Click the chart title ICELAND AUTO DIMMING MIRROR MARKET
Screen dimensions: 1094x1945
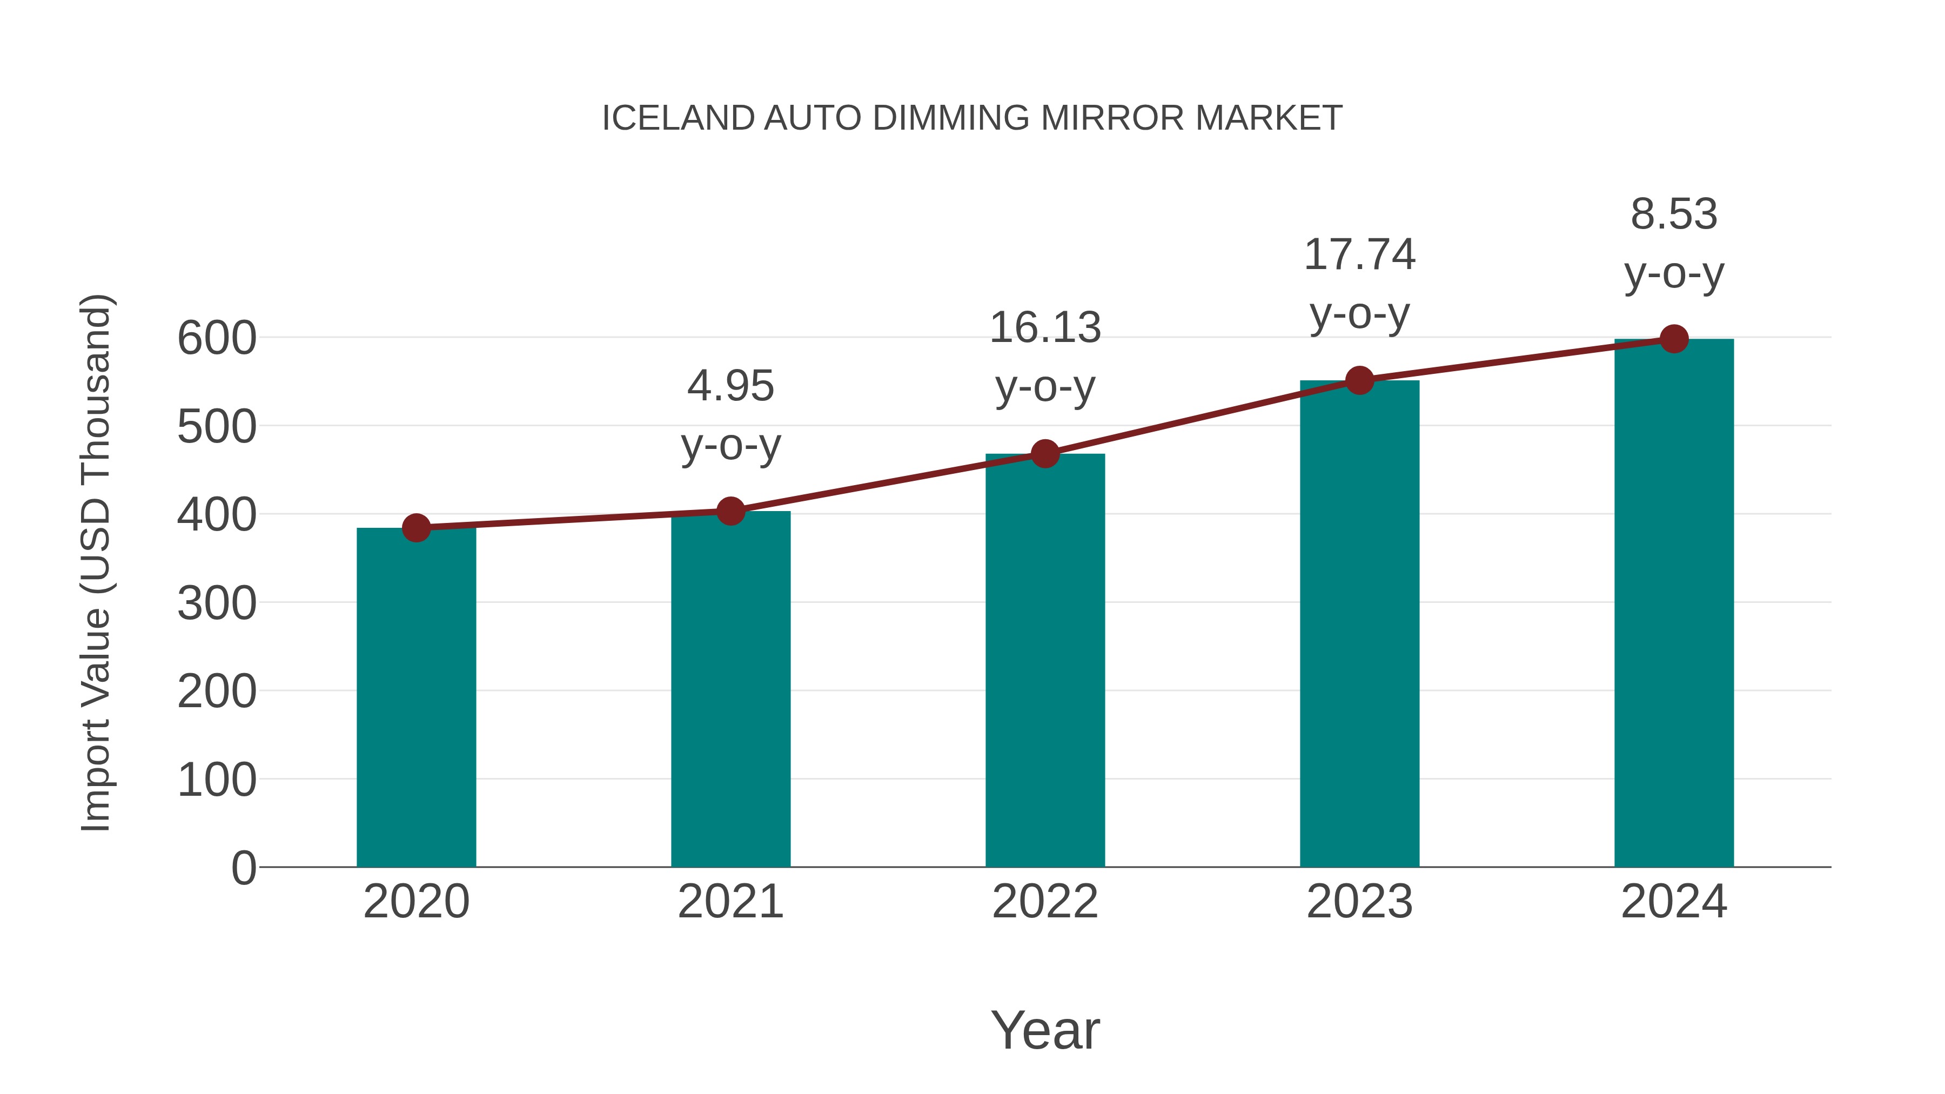click(x=972, y=118)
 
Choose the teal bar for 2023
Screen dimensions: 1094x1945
click(x=1359, y=623)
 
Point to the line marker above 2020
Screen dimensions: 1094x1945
click(x=416, y=528)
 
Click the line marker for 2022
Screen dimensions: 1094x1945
click(x=1045, y=454)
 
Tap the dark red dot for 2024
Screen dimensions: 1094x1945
click(x=1674, y=339)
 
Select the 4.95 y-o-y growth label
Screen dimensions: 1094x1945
click(x=730, y=415)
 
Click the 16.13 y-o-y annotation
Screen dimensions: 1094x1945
click(x=1045, y=357)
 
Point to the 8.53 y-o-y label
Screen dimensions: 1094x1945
click(x=1674, y=243)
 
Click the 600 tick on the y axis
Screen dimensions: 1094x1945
click(x=217, y=338)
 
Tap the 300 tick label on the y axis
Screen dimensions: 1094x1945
click(x=217, y=603)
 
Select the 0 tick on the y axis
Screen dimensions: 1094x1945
click(x=243, y=868)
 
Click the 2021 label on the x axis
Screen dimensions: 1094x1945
click(x=730, y=902)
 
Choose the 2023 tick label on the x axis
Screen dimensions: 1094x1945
click(x=1359, y=902)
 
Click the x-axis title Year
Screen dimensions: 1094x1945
click(x=1045, y=1030)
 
